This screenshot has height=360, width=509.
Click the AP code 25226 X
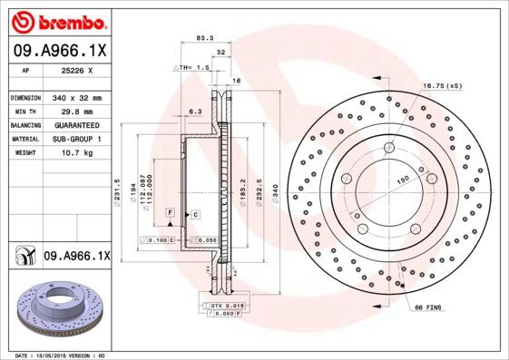[x=69, y=70]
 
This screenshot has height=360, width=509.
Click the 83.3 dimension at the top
[x=204, y=38]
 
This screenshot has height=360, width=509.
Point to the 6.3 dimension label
[x=194, y=112]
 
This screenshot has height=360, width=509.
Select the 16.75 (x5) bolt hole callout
[x=442, y=85]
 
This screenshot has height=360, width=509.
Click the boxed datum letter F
[x=169, y=211]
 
